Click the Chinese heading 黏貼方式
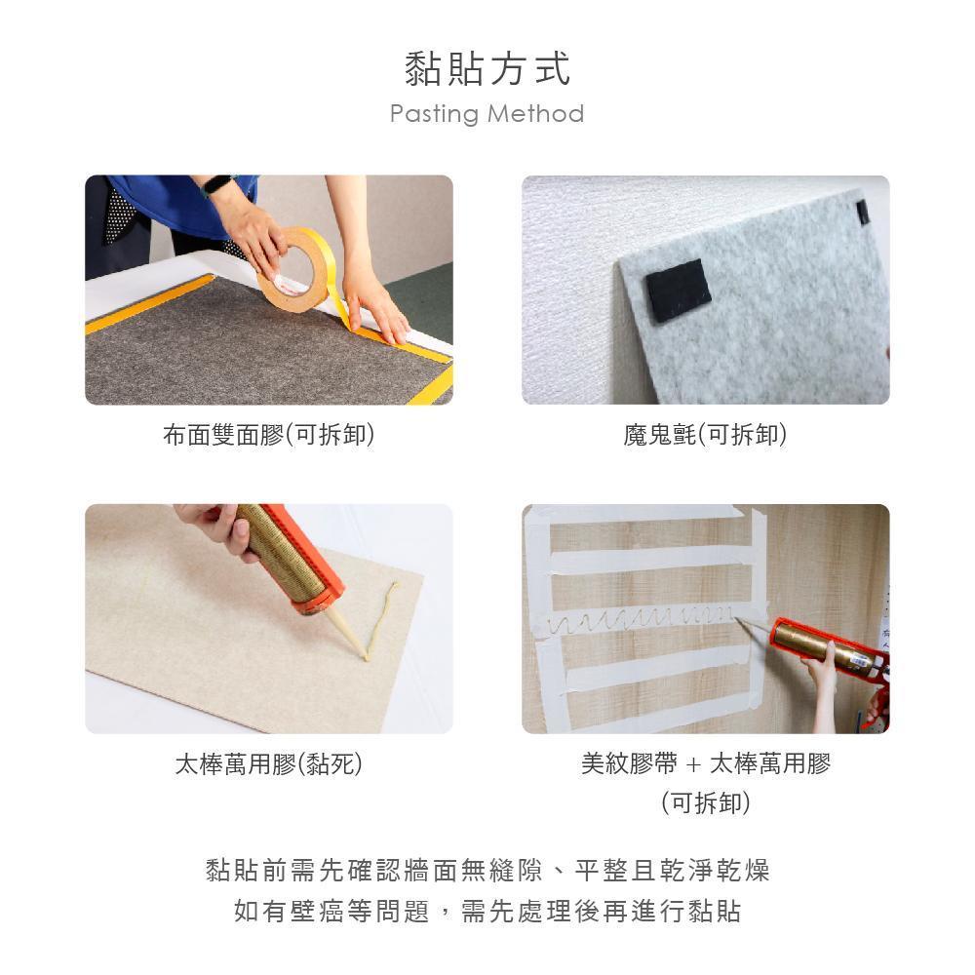click(487, 68)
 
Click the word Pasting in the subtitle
click(434, 114)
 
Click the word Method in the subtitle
click(535, 113)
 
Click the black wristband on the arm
click(218, 185)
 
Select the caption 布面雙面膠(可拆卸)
click(269, 435)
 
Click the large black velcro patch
click(678, 290)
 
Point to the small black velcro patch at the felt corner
click(863, 213)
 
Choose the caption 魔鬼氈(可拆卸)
click(705, 435)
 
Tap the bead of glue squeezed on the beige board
click(380, 618)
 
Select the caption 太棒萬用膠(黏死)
click(269, 764)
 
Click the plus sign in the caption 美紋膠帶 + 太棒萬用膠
click(693, 764)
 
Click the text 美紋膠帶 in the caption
click(629, 763)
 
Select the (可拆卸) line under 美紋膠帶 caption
click(706, 802)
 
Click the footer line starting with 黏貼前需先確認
click(487, 870)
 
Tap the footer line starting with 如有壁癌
click(487, 911)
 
